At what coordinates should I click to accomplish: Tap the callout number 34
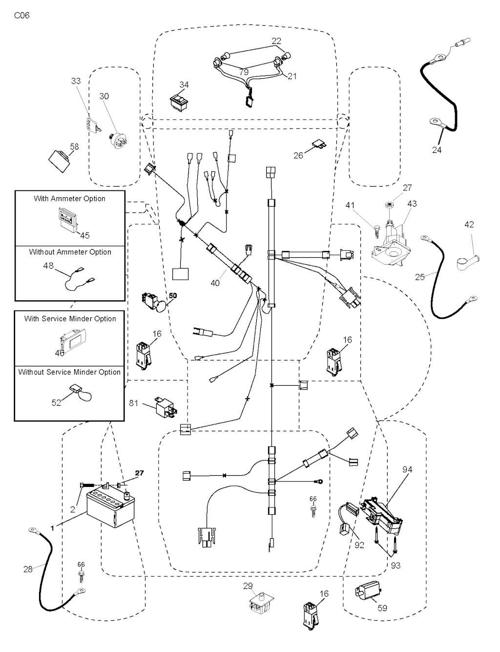click(184, 85)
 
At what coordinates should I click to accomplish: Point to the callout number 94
click(407, 469)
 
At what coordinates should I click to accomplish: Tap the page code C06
click(21, 16)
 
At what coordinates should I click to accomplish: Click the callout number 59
click(382, 608)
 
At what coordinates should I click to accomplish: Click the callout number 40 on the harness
click(215, 283)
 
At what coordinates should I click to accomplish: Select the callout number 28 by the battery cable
click(28, 569)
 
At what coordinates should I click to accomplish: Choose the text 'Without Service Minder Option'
click(69, 372)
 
